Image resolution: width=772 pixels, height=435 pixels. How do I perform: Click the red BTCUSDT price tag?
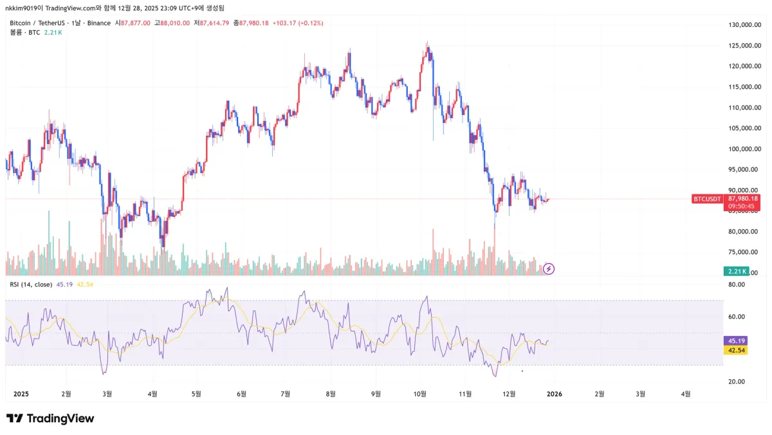pos(706,199)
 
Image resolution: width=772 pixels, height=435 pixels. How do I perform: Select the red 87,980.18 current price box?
pos(743,199)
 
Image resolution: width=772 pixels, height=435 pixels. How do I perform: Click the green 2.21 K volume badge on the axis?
pos(735,271)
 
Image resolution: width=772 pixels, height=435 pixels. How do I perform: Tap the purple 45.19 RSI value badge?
pos(736,340)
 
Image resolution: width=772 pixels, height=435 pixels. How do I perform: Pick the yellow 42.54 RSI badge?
pos(736,350)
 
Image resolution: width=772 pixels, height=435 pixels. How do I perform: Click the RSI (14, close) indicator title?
pos(30,284)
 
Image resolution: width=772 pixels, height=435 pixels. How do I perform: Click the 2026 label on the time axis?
pos(554,393)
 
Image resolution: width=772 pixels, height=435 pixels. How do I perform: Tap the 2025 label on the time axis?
pos(21,393)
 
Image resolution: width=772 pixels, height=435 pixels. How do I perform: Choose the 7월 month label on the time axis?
pos(286,393)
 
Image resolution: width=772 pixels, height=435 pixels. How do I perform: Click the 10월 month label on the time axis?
pos(420,393)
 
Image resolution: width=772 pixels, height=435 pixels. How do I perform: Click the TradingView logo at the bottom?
pos(50,418)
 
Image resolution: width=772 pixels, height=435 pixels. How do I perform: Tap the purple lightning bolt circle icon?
pos(549,268)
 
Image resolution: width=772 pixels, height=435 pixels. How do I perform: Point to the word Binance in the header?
pos(99,23)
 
